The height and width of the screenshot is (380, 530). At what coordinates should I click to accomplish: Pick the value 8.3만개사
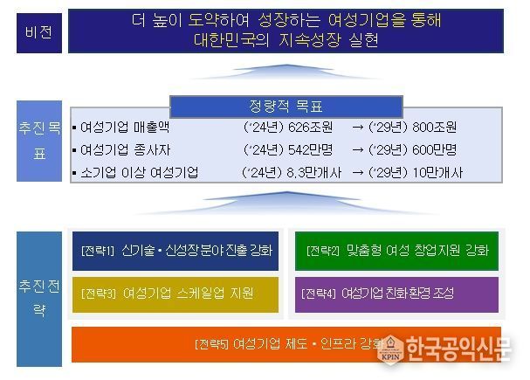click(305, 172)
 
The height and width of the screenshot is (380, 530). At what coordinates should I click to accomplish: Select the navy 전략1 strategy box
click(174, 251)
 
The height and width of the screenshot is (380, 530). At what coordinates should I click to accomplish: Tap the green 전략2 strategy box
click(396, 251)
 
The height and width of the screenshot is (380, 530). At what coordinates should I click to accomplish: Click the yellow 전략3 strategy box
click(174, 294)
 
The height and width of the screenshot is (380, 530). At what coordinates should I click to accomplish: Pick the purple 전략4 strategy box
click(396, 294)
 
